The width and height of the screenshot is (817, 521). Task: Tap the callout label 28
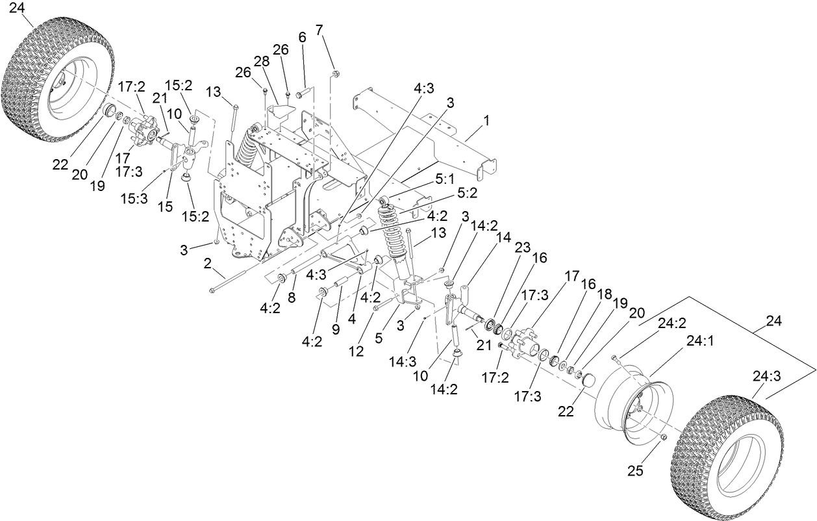pyautogui.click(x=261, y=61)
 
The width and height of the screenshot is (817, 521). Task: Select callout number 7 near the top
pyautogui.click(x=319, y=29)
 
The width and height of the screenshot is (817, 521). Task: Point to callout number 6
pyautogui.click(x=302, y=38)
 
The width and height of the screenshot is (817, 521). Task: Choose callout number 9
pyautogui.click(x=336, y=329)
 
